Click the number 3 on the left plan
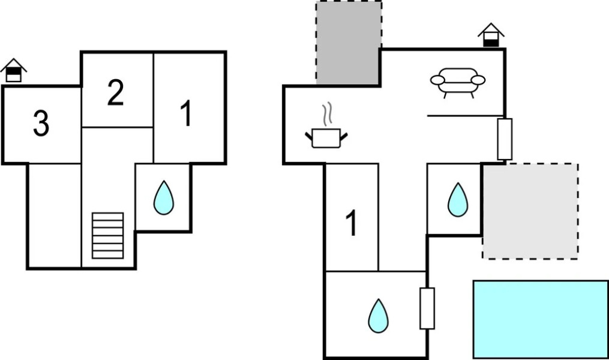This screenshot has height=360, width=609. point(41,124)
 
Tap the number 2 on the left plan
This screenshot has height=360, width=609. point(116,94)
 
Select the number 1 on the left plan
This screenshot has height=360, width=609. point(187,114)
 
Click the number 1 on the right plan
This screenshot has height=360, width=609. point(352,223)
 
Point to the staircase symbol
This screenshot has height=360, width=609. point(108,235)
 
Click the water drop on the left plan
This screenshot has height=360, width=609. point(163,199)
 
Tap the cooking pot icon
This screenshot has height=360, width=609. point(326,137)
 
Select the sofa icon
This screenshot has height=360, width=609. point(458,82)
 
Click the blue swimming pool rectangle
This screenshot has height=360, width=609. point(541,319)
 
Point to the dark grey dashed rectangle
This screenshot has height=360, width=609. point(349,43)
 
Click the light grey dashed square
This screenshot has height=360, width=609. point(530,211)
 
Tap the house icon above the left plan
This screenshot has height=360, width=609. point(14,71)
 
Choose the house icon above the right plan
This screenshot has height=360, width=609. point(491,35)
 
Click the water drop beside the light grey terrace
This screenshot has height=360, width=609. point(458,200)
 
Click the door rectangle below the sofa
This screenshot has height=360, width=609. point(505,139)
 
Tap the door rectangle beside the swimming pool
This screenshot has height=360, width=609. point(427,308)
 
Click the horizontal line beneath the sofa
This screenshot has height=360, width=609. point(465,115)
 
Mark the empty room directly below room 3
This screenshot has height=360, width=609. point(54,215)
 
